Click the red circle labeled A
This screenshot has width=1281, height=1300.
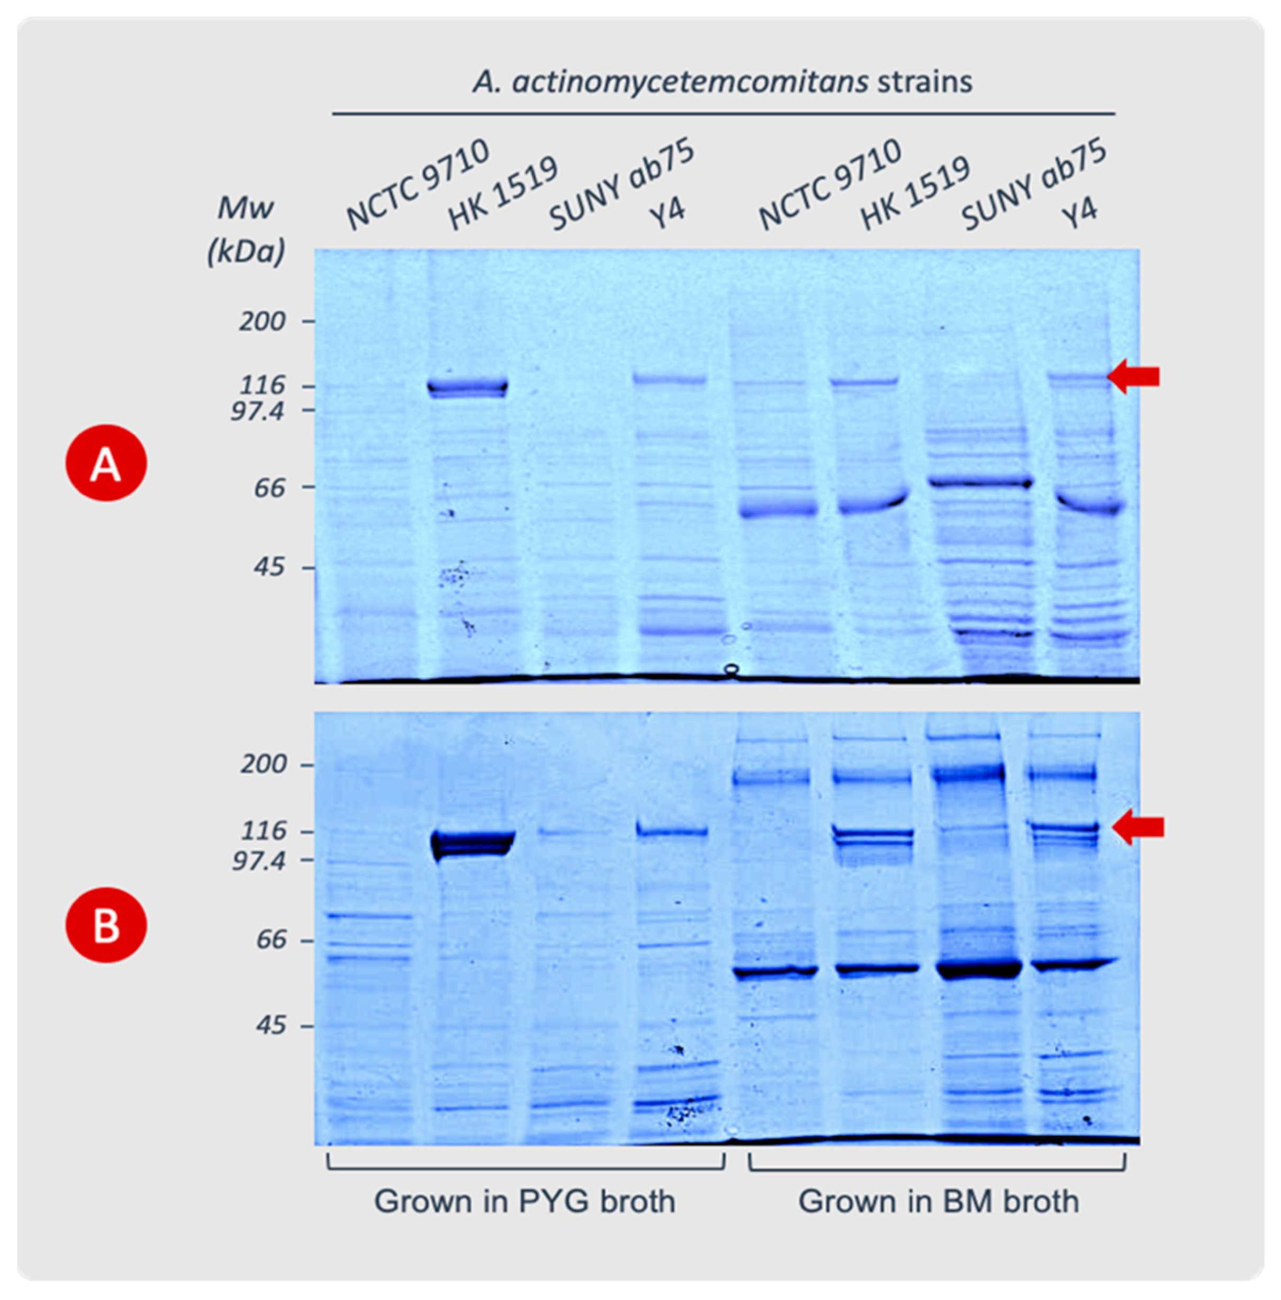coord(106,463)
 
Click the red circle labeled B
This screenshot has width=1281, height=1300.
coord(106,925)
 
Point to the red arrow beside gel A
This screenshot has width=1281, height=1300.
coord(1134,376)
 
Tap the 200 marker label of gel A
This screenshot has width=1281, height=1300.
coord(263,322)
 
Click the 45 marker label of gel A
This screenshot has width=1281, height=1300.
coord(269,567)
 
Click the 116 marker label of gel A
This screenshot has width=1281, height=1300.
coord(263,385)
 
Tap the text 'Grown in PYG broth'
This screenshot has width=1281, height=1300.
coord(525,1201)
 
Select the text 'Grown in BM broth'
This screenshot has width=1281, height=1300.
coord(939,1201)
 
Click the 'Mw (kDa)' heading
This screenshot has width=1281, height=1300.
coord(246,229)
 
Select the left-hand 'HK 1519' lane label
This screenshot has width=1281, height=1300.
coord(502,193)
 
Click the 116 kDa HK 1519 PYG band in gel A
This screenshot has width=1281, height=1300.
coord(468,387)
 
